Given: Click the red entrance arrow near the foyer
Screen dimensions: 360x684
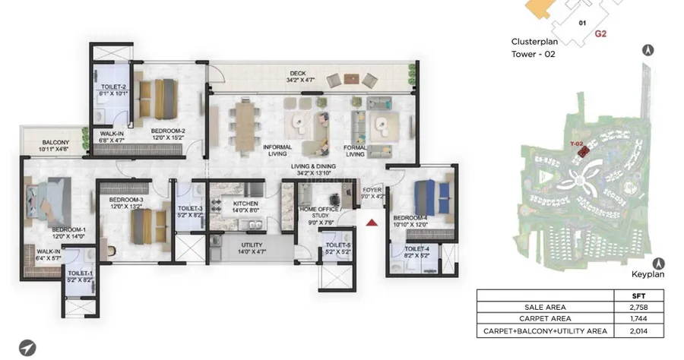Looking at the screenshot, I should pos(371,223).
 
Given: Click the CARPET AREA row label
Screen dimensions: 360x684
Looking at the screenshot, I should pos(544,319).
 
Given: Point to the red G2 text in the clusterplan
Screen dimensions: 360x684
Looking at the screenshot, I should pos(600,33).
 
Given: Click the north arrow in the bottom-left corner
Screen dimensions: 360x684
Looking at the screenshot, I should pos(27,346).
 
